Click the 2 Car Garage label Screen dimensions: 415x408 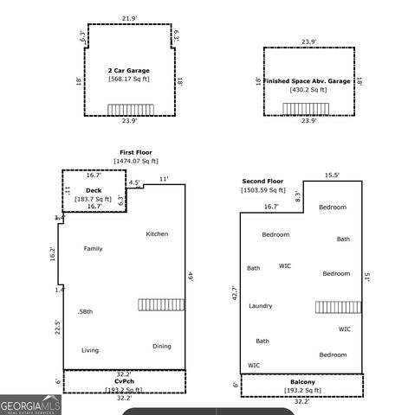128,70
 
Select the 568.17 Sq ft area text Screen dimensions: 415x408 128,80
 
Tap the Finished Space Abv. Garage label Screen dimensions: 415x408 308,80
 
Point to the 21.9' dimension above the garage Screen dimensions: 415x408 130,17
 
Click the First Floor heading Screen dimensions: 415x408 136,152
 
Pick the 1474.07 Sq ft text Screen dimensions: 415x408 136,161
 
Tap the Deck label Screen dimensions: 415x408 94,189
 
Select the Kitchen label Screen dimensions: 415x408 157,233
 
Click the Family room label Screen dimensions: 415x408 93,249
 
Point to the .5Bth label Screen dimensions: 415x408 85,311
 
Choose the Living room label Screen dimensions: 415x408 90,350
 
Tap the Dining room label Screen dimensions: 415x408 162,346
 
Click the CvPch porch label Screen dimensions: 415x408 124,381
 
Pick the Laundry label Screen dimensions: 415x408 261,306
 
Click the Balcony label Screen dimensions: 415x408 302,382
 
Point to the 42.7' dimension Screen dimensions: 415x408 232,294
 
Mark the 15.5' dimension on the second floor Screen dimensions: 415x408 332,175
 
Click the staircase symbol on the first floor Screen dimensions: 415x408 161,304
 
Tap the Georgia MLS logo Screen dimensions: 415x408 30,404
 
